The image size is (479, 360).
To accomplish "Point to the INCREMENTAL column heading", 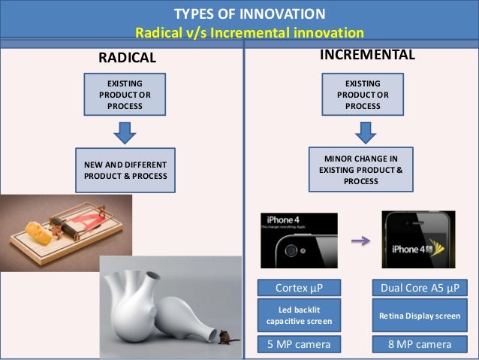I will tap(368, 56).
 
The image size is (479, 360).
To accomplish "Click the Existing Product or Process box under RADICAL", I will tap(124, 95).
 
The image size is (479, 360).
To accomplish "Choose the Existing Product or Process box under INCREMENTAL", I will tap(363, 95).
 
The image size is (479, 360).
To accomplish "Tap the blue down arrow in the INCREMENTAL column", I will tap(363, 133).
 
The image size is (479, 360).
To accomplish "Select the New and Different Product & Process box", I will tap(124, 170).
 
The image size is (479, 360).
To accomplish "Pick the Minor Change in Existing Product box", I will tap(363, 170).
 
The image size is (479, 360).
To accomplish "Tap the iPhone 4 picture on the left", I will tap(298, 241).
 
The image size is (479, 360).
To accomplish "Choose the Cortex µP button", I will tap(299, 287).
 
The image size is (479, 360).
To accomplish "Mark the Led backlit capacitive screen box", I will tap(299, 316).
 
